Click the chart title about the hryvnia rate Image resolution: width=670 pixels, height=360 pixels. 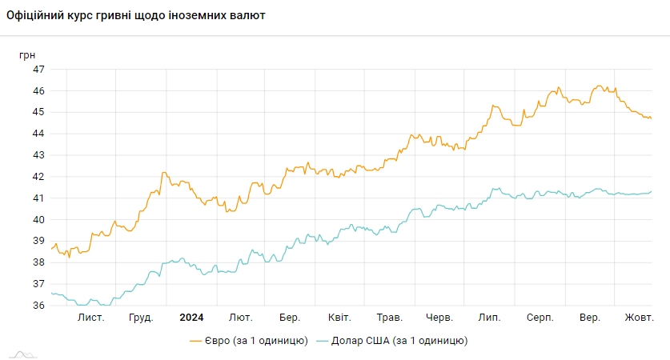136,15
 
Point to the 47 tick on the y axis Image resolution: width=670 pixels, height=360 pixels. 38,69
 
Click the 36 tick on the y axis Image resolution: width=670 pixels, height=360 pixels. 38,305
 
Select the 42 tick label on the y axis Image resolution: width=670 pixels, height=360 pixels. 38,176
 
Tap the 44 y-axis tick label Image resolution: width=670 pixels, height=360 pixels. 38,134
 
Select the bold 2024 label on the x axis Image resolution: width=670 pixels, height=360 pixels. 191,318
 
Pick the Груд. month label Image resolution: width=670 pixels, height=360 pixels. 141,318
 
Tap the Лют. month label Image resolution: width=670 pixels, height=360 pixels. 241,318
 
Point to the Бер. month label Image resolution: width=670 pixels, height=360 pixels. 290,318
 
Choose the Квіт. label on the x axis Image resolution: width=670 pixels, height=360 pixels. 339,318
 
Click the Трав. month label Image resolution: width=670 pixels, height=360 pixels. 389,318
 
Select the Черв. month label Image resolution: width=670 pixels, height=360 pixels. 439,318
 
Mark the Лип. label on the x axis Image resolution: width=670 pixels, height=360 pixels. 489,318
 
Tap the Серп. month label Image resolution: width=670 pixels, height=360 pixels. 540,318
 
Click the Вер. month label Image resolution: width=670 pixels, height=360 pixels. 590,318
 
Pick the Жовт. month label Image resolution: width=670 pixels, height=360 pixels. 639,318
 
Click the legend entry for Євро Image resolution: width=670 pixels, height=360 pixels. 249,341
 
